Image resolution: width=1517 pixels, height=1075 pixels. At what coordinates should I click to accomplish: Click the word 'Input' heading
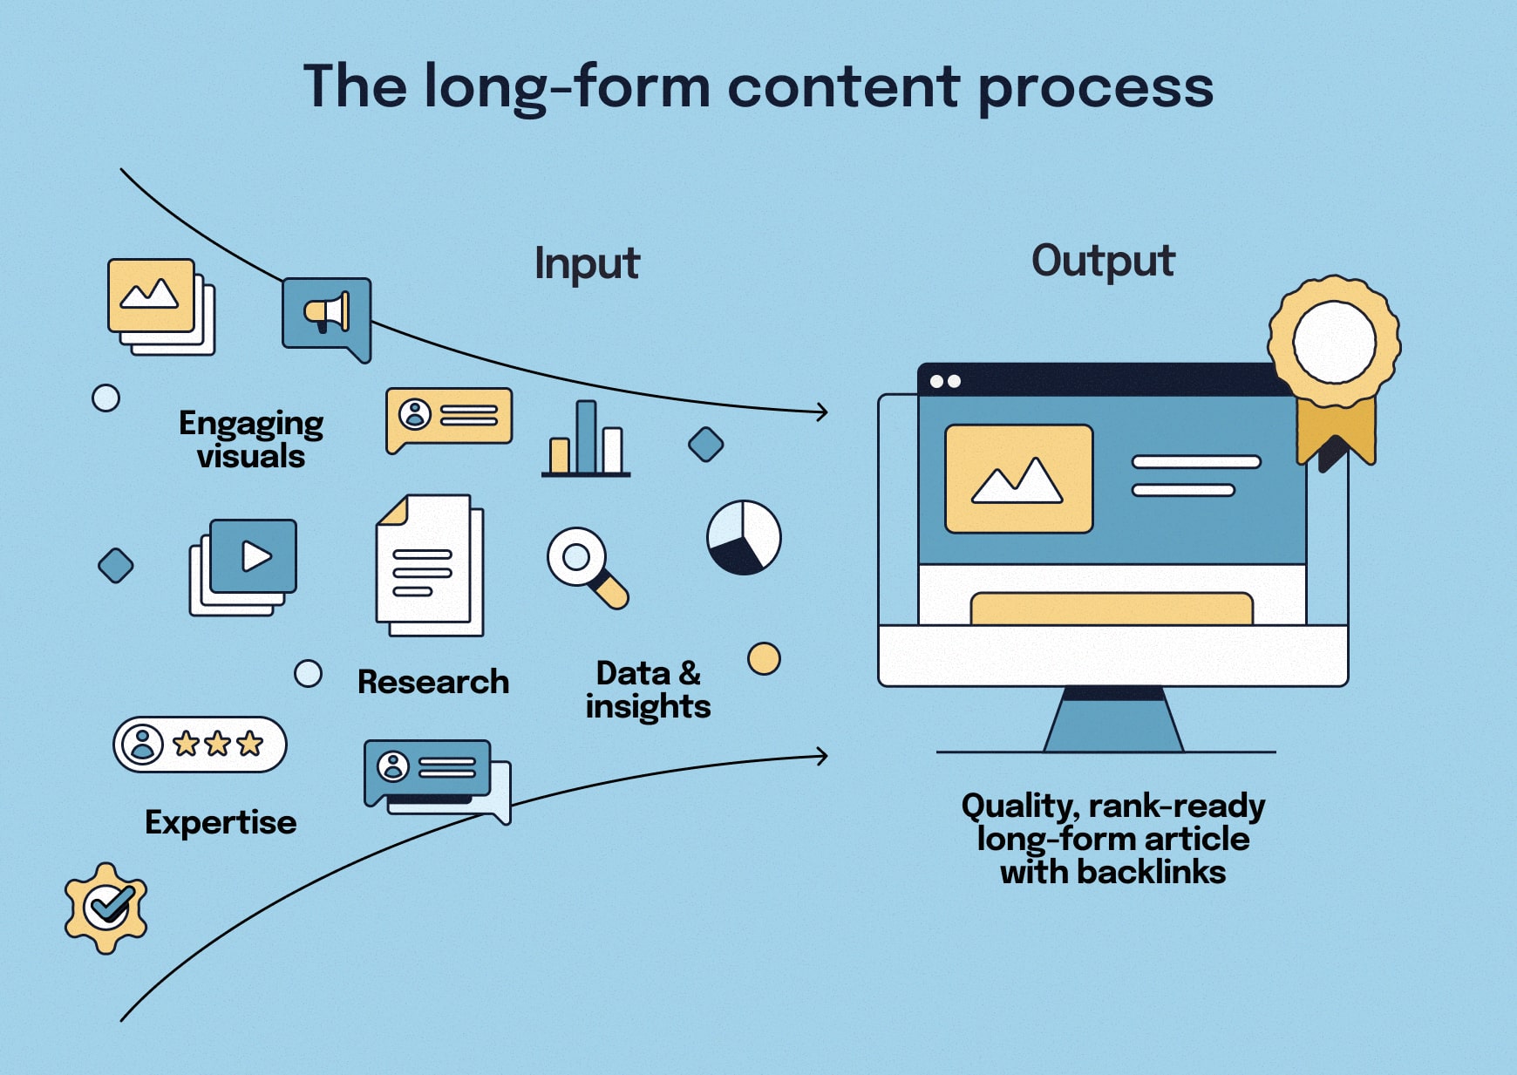point(587,263)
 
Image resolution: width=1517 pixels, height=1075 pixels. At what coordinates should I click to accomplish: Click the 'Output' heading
point(1103,261)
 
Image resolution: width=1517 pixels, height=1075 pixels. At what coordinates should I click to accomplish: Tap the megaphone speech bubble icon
point(326,315)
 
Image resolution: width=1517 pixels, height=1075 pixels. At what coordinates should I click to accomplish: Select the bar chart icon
point(585,439)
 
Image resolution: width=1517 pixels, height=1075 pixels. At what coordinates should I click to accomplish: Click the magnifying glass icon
point(586,567)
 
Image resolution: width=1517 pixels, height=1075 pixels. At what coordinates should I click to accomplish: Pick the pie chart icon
point(744,537)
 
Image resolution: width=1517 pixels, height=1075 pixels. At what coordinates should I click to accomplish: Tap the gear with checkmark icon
point(106,908)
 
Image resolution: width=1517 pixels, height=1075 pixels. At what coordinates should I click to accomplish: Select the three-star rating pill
point(200,745)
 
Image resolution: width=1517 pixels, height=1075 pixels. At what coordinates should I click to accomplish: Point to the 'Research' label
point(432,682)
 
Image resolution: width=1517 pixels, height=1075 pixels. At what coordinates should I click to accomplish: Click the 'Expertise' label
point(221,822)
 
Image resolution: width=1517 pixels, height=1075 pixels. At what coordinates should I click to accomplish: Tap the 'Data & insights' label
point(648,690)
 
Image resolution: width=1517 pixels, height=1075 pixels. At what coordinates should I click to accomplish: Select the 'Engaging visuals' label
point(251,439)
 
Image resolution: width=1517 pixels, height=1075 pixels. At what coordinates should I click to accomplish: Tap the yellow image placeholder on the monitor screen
point(1018,479)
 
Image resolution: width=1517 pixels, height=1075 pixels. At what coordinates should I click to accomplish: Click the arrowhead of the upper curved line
point(822,412)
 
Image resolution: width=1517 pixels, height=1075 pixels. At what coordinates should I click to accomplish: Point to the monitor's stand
point(1113,721)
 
